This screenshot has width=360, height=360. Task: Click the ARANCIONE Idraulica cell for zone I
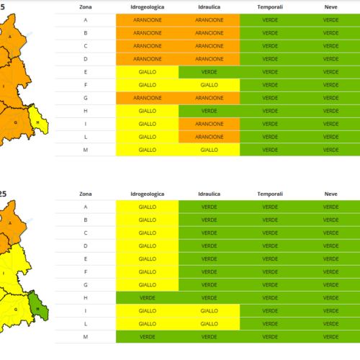pos(209,124)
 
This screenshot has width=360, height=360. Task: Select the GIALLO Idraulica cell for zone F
pos(209,85)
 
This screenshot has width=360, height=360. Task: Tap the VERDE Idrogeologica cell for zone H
pos(147,298)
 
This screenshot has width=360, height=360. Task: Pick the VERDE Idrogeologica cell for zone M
pos(147,337)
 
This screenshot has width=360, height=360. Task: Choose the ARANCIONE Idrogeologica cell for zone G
pos(147,98)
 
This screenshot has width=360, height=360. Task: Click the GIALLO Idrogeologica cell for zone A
pos(147,207)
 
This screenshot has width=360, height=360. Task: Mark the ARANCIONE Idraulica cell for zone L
pos(209,137)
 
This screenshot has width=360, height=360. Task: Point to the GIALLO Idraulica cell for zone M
pos(209,150)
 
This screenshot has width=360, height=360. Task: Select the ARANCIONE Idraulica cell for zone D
pos(209,59)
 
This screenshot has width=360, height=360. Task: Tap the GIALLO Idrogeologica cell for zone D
pos(147,246)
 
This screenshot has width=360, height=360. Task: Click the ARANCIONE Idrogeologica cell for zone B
pos(147,33)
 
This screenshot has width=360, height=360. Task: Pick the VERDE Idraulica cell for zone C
pos(209,233)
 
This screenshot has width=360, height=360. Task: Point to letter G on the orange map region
pos(16,122)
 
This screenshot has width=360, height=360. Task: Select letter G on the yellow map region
pos(16,310)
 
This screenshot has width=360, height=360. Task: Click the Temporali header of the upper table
pos(270,7)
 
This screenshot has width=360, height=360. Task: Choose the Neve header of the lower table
pos(330,194)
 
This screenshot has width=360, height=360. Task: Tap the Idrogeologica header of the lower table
pos(147,194)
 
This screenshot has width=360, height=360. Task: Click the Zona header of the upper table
pos(86,7)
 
